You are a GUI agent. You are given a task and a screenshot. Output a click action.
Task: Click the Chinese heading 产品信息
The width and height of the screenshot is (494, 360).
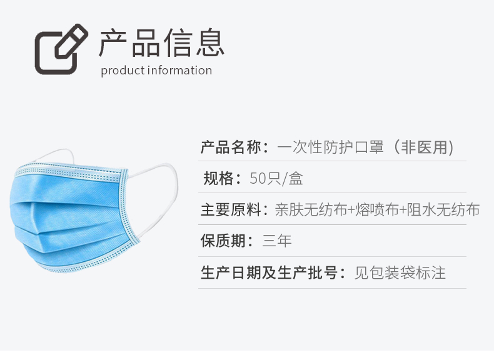point(161,43)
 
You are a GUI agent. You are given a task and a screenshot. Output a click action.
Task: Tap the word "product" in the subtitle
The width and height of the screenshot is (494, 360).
point(122,71)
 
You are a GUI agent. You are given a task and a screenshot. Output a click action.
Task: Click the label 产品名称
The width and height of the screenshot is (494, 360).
point(231,147)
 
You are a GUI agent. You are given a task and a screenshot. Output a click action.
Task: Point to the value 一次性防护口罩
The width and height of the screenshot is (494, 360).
point(331,147)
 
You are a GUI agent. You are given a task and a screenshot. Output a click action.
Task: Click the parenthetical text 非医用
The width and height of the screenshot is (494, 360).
point(424,147)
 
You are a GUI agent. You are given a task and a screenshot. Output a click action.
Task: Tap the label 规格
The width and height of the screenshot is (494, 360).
point(218,178)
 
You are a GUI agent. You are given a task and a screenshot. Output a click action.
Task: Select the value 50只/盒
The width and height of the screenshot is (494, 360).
point(276,178)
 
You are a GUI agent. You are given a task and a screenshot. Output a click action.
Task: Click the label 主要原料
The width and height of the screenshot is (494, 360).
point(231,210)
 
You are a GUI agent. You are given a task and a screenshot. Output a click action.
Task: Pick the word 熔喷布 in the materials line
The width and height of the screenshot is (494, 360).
point(377,210)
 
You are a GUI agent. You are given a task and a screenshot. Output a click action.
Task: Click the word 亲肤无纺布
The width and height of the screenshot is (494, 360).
point(311,210)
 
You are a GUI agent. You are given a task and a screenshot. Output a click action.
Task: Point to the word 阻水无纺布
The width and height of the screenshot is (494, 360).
point(443,210)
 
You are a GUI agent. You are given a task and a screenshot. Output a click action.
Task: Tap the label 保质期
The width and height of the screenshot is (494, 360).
point(223,241)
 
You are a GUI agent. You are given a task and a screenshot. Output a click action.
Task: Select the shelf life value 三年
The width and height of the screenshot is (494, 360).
point(276,241)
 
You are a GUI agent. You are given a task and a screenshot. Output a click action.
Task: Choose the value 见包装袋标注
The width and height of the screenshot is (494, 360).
point(400,272)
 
